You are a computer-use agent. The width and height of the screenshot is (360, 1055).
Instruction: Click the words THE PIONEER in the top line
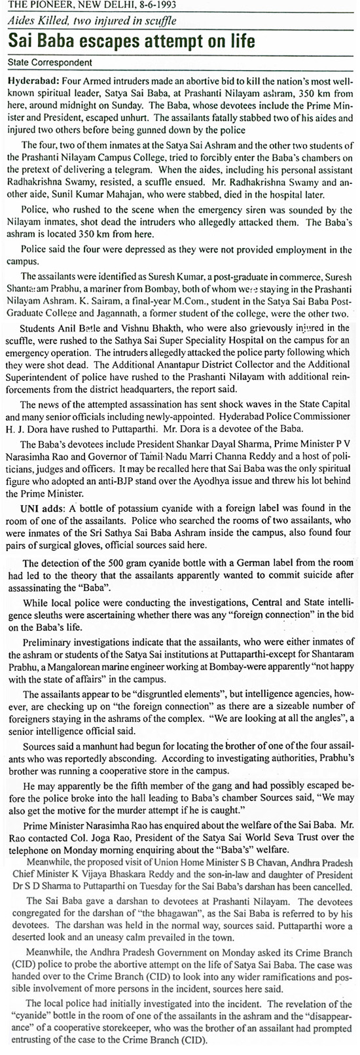click(32, 5)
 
